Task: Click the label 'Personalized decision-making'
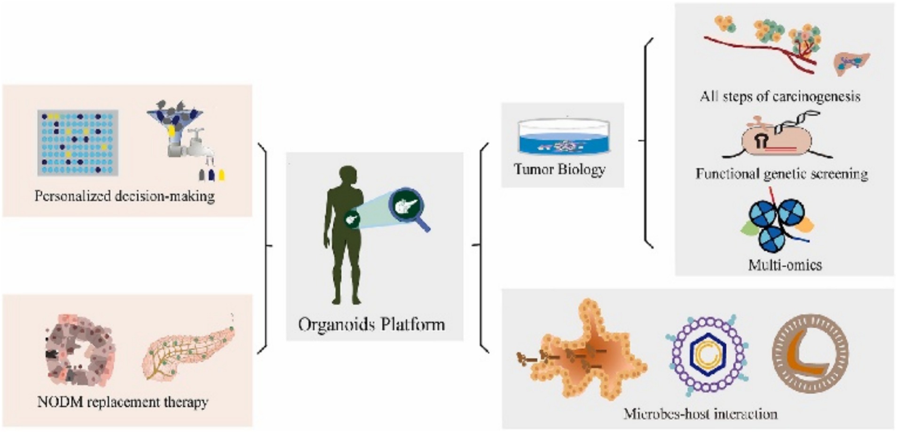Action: (x=125, y=196)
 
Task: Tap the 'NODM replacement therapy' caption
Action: (x=123, y=402)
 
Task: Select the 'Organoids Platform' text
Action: (x=371, y=324)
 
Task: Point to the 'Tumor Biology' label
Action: (x=559, y=169)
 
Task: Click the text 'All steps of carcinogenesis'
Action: (x=780, y=96)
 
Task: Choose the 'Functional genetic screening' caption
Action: (x=781, y=174)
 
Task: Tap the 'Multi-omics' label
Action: (x=785, y=265)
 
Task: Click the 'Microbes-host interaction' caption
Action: (x=700, y=414)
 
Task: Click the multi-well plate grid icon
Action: (x=78, y=142)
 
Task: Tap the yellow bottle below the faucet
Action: (x=221, y=175)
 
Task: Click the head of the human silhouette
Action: (x=347, y=176)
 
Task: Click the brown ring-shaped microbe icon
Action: (x=810, y=353)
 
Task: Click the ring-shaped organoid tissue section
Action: (x=80, y=350)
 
